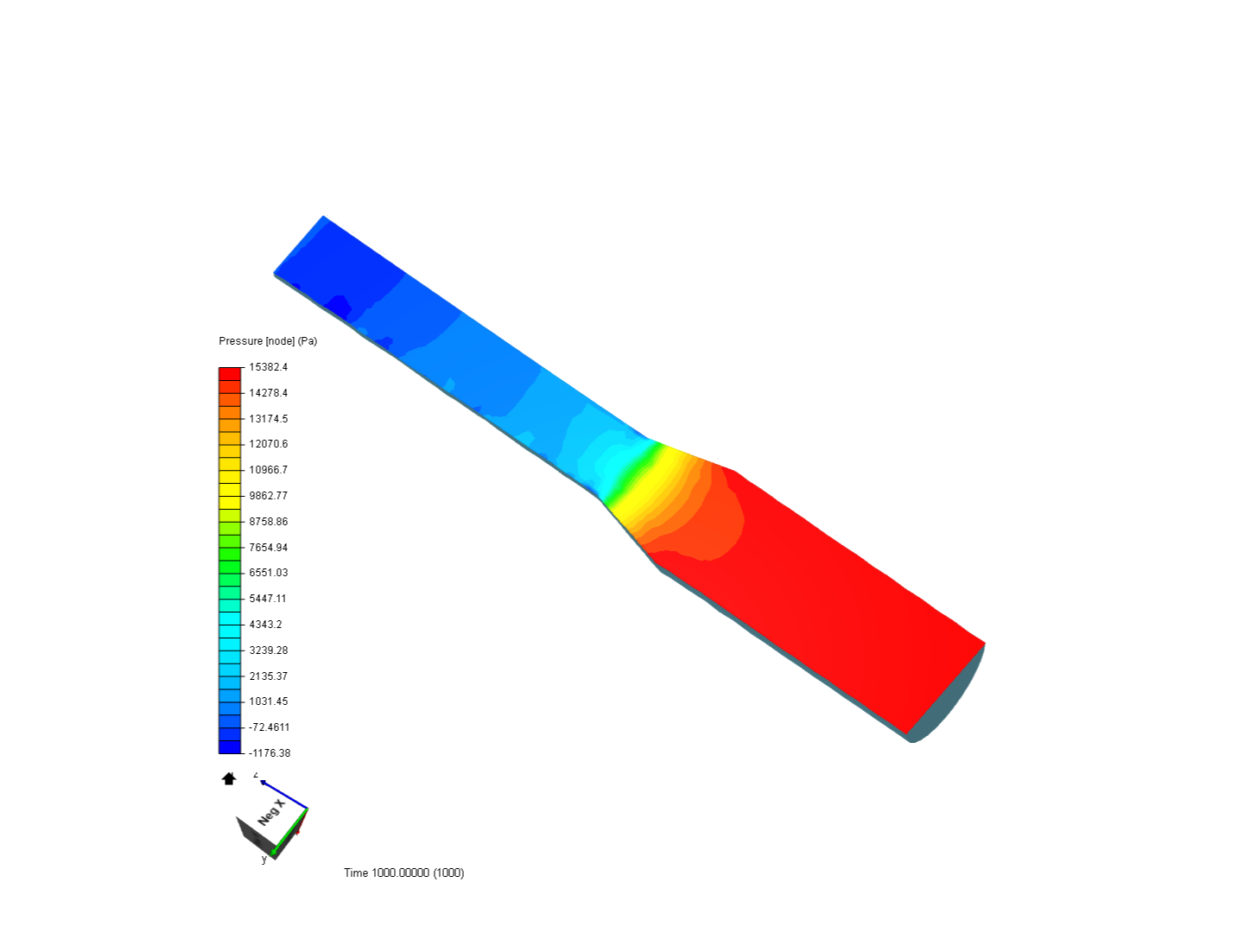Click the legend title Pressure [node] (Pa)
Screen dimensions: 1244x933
268,341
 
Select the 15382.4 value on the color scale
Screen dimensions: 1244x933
268,367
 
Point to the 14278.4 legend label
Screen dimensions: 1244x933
268,392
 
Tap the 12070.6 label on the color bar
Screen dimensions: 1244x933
268,443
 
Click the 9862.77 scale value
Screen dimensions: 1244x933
268,496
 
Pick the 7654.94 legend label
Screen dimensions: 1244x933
268,547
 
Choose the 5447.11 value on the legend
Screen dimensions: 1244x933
268,598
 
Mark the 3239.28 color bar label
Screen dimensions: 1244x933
268,651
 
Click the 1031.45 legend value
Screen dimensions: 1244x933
268,701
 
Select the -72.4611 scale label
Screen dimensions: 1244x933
270,727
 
